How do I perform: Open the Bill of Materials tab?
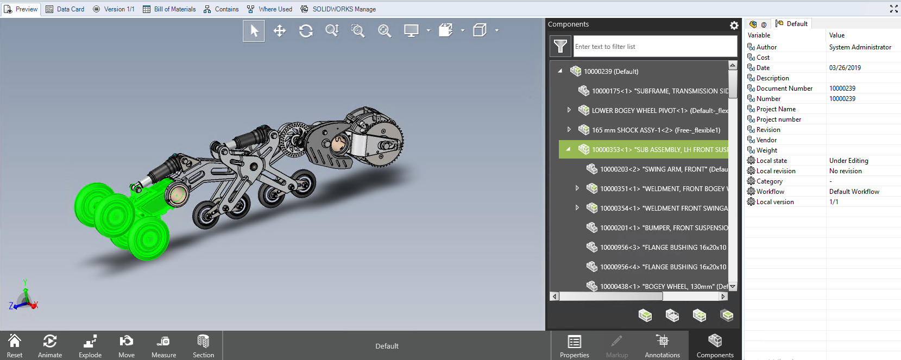point(169,9)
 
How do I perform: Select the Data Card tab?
point(65,9)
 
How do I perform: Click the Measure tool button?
point(163,346)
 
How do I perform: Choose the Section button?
point(203,346)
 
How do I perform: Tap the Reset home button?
point(15,346)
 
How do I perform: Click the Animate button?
point(50,346)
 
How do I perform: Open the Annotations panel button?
point(662,346)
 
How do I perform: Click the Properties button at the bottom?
point(574,346)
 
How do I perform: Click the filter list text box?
point(654,47)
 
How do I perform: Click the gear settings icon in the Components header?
point(734,26)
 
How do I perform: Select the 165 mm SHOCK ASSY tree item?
point(656,130)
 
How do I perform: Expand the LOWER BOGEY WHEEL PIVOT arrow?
point(569,110)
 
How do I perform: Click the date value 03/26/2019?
point(845,68)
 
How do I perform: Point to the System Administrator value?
point(860,47)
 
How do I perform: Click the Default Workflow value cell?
point(854,192)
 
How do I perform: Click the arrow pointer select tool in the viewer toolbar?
point(254,31)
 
